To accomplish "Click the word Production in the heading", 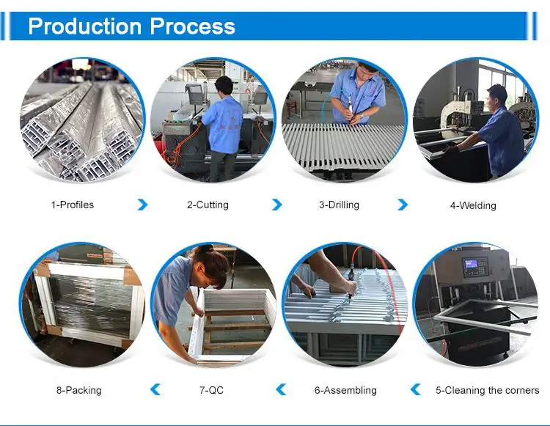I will (x=85, y=27).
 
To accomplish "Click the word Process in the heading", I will (x=193, y=27).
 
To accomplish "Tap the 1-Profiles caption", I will (x=73, y=205).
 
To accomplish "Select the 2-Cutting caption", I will (x=208, y=205).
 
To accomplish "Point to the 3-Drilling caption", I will (x=339, y=205).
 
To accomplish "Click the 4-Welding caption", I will (x=473, y=205).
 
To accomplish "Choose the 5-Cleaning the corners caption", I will (x=487, y=390).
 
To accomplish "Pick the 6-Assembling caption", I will (x=345, y=390).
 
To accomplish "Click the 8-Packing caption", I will (x=78, y=390).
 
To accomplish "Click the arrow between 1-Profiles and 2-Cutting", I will (x=142, y=205).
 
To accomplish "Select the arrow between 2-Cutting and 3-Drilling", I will (x=276, y=205).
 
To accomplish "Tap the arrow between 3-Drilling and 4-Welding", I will (x=403, y=205).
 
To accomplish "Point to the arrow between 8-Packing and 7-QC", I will (x=155, y=389).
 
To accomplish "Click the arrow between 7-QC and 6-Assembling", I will (x=281, y=389).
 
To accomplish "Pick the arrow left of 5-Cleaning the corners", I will (x=415, y=389).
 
